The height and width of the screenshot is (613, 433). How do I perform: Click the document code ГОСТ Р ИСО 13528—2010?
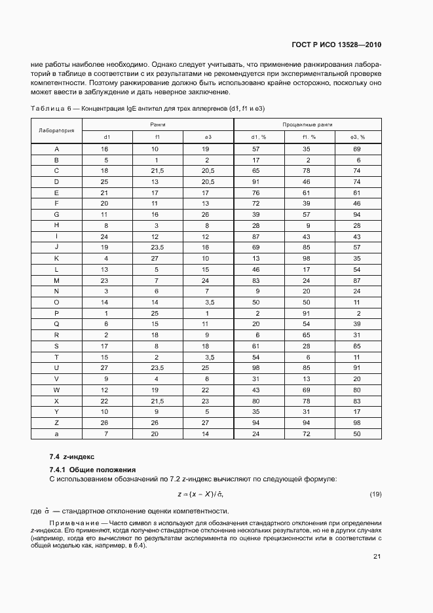(x=335, y=45)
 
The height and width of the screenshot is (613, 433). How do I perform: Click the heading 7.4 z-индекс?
(x=72, y=456)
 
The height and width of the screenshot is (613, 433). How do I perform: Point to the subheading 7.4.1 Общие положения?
(x=92, y=470)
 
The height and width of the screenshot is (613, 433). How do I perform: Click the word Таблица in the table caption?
(x=47, y=107)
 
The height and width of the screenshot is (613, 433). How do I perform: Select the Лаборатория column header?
(x=57, y=130)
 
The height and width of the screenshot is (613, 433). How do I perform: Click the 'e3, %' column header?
(x=358, y=137)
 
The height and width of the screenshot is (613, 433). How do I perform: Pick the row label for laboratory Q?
(x=57, y=324)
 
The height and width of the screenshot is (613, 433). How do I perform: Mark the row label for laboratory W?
(x=57, y=390)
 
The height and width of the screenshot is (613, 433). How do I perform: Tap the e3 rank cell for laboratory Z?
(x=207, y=422)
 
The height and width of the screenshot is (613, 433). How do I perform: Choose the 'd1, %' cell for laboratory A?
(x=257, y=149)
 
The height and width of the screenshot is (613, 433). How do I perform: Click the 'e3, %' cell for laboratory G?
(x=358, y=214)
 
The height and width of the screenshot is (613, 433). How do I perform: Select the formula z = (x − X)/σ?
(x=204, y=493)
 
